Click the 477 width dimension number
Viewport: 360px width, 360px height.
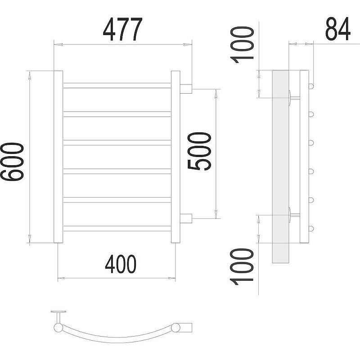click(122, 29)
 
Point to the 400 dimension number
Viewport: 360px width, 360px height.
click(121, 264)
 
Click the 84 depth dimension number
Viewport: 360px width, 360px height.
click(338, 29)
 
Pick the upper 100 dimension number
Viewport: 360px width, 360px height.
click(242, 45)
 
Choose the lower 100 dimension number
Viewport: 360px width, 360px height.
click(242, 267)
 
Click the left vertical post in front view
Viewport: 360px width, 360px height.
click(58, 157)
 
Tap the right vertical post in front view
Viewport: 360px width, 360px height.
click(175, 157)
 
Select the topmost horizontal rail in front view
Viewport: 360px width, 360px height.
click(117, 85)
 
